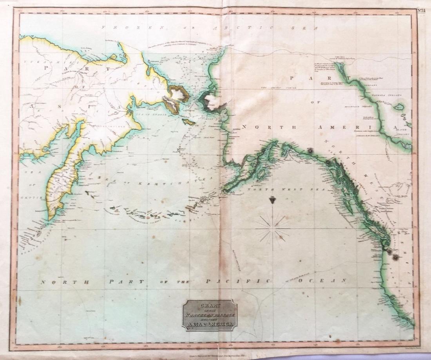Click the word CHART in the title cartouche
[x=210, y=306]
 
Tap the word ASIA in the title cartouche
[x=198, y=324]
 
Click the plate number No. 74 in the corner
[x=421, y=11]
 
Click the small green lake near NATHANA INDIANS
[x=399, y=107]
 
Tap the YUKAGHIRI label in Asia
[x=33, y=62]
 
